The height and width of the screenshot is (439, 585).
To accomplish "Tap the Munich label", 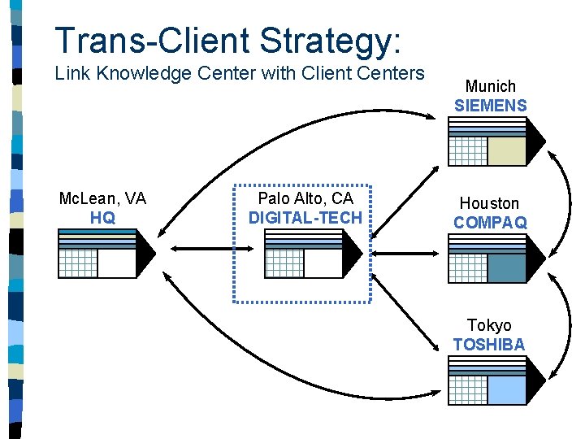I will pyautogui.click(x=490, y=86).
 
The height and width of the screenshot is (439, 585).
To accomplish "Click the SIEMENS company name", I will pyautogui.click(x=490, y=106).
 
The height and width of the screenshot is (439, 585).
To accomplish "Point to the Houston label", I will pyautogui.click(x=489, y=203).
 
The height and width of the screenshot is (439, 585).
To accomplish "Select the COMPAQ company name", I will pyautogui.click(x=490, y=222).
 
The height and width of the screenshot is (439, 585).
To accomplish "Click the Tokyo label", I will pyautogui.click(x=489, y=325).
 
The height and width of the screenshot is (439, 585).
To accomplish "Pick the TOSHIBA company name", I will pyautogui.click(x=489, y=345).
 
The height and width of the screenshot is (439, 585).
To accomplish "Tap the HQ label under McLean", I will pyautogui.click(x=102, y=218).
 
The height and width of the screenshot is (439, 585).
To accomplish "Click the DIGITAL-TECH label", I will pyautogui.click(x=305, y=218).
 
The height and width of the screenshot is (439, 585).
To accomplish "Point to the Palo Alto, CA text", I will pyautogui.click(x=305, y=199).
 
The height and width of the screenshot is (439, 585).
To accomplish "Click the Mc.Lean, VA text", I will pyautogui.click(x=102, y=199).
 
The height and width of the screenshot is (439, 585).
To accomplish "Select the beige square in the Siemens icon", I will pyautogui.click(x=507, y=150).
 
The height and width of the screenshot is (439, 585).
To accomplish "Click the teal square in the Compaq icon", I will pyautogui.click(x=507, y=268).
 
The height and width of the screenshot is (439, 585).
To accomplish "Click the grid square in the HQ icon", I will pyautogui.click(x=78, y=263).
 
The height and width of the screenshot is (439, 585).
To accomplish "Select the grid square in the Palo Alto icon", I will pyautogui.click(x=284, y=263).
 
